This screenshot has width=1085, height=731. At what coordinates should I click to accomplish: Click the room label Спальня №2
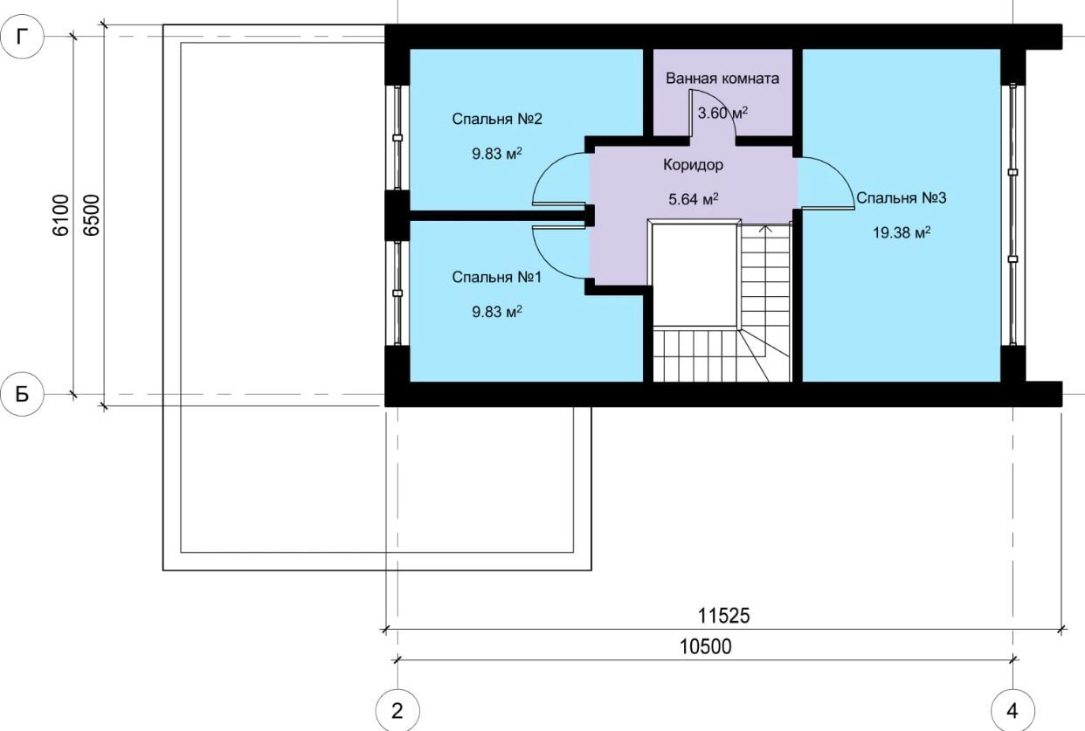coord(497,119)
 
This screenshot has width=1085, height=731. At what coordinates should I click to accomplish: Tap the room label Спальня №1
coord(496,278)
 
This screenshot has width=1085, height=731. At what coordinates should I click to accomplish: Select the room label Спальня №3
coord(901,198)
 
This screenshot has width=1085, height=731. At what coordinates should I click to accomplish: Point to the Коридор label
coord(693,165)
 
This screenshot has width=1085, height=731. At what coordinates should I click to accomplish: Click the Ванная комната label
coord(722,79)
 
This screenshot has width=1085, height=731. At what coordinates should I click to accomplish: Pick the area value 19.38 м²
coord(902,232)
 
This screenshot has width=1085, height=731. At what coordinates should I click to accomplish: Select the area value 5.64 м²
coord(693,198)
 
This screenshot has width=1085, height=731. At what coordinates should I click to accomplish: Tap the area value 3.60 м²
coord(722,113)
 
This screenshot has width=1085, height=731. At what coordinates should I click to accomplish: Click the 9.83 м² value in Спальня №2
coord(497,154)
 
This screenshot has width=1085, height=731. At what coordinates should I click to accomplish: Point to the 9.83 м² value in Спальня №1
coord(497,312)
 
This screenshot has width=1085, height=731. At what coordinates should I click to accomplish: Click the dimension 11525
coord(723,616)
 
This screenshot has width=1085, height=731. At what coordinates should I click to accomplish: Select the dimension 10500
coord(705,647)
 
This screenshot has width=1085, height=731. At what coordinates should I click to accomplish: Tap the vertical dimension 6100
coord(61,216)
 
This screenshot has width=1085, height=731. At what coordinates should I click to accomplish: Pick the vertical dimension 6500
coord(91,216)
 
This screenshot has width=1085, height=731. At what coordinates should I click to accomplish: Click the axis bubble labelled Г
coord(22,37)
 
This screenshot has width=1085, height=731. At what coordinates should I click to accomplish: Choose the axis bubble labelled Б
coord(22,395)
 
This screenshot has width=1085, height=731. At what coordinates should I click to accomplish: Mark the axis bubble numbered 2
coord(397,711)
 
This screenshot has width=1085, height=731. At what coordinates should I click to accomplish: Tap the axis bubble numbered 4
coord(1012,711)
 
